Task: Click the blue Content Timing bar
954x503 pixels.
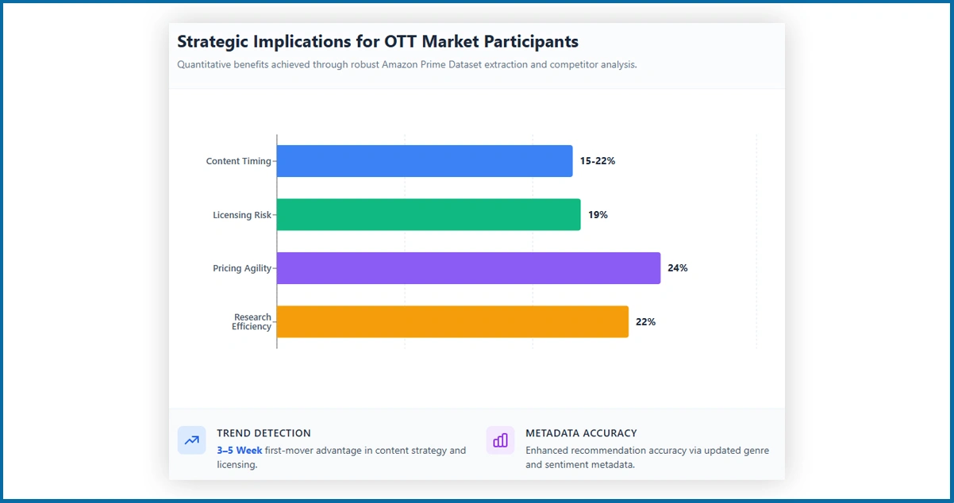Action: (x=425, y=161)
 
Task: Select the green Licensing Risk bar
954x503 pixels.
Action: (x=429, y=215)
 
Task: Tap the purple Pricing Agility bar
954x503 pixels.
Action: (x=468, y=268)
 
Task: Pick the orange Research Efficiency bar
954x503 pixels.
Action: (x=452, y=322)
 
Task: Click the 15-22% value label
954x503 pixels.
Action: (x=597, y=161)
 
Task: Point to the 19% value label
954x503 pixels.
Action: (x=598, y=215)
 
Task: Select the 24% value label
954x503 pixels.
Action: (x=677, y=268)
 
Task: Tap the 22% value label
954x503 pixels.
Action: (x=645, y=322)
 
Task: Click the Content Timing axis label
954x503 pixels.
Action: (x=238, y=161)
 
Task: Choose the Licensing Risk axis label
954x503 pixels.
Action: (x=242, y=215)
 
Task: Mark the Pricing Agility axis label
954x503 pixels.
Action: (x=242, y=268)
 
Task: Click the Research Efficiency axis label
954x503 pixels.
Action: (x=252, y=322)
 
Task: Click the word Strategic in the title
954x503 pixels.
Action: (x=212, y=42)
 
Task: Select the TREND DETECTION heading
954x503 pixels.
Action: (x=264, y=433)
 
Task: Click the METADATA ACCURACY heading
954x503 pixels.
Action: (x=581, y=433)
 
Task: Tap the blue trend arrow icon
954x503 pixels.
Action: (x=191, y=440)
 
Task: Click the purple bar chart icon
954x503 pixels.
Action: (x=500, y=440)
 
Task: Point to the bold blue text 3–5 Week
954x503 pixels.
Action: (x=239, y=451)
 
